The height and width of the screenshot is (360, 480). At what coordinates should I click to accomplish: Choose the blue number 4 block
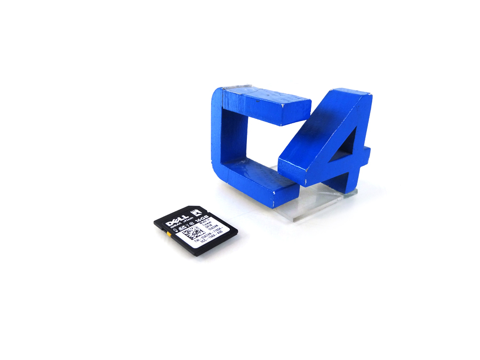(x=331, y=144)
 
